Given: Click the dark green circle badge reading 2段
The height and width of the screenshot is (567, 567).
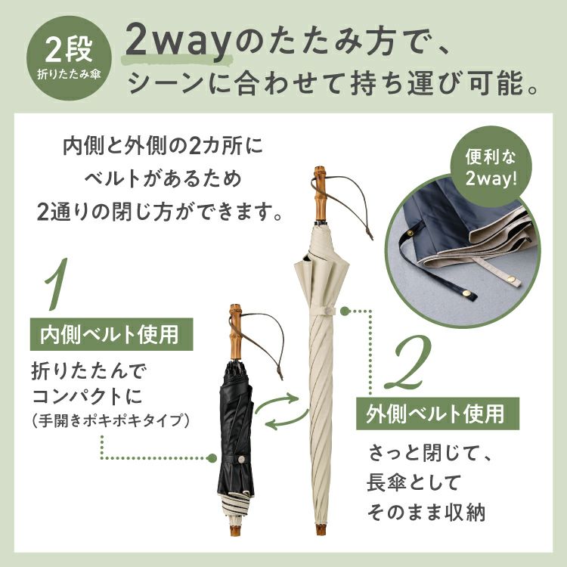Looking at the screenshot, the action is click(x=69, y=58).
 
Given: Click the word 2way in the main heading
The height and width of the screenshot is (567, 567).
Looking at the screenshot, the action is click(x=178, y=42).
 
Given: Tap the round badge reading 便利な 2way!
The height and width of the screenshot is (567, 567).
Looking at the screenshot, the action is click(x=491, y=167).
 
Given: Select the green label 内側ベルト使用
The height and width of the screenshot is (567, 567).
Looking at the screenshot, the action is click(x=111, y=334).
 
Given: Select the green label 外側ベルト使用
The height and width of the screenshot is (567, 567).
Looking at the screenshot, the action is click(x=438, y=414).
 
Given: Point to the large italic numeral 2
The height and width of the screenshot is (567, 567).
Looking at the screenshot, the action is click(x=408, y=361).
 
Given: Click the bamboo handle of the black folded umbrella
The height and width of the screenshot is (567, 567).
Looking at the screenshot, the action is click(x=235, y=332).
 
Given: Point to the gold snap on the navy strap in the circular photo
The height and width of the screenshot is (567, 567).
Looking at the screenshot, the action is click(x=411, y=234).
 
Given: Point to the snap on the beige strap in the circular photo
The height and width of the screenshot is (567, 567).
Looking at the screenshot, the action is click(x=511, y=278).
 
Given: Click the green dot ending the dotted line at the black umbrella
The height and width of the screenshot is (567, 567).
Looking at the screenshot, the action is click(x=212, y=459).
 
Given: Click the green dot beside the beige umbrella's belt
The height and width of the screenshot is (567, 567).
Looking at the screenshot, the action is click(x=344, y=310).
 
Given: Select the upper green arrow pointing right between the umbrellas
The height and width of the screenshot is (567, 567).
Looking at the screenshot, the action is click(x=276, y=401).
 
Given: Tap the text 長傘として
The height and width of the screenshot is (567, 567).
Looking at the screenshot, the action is click(x=414, y=482).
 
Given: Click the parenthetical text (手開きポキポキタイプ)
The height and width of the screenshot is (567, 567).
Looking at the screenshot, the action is click(x=110, y=420).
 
